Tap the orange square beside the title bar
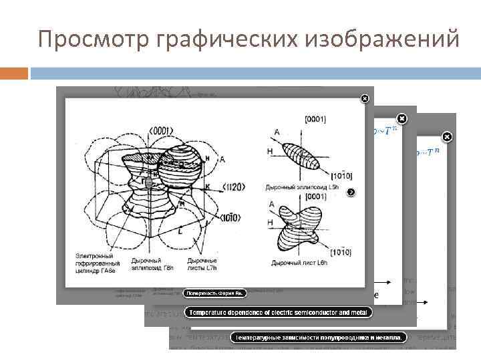(x=14, y=73)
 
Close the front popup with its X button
(x=365, y=99)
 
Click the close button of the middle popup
(x=402, y=117)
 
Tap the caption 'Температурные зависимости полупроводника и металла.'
(x=317, y=338)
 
